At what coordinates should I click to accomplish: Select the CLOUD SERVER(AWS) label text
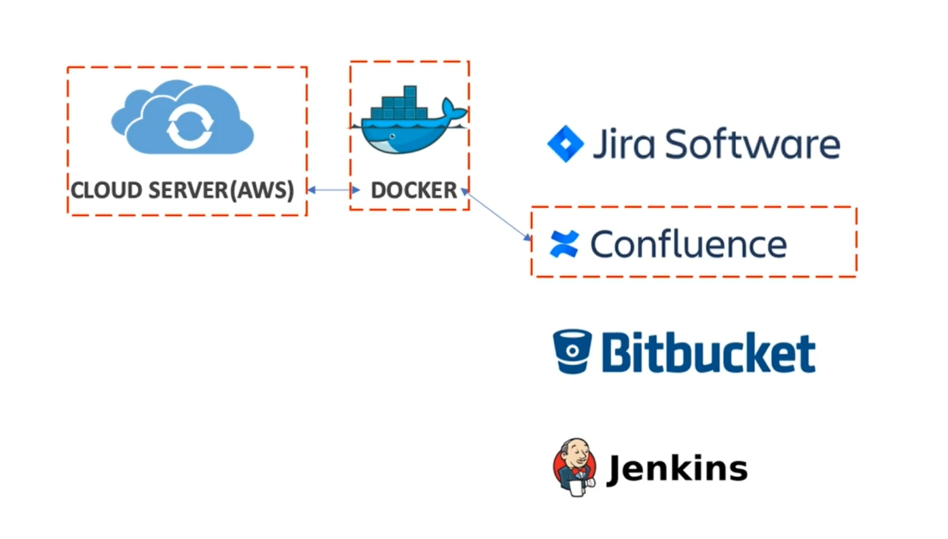(182, 190)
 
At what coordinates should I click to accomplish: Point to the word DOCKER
(414, 190)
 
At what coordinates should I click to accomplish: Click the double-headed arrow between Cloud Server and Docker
(333, 190)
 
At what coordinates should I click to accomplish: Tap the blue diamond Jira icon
(565, 144)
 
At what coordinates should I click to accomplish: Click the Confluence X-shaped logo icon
(564, 244)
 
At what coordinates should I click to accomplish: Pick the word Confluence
(688, 244)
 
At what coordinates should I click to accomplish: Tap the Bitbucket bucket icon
(572, 351)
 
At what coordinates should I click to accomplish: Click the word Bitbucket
(708, 352)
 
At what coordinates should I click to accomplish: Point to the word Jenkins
(677, 468)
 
